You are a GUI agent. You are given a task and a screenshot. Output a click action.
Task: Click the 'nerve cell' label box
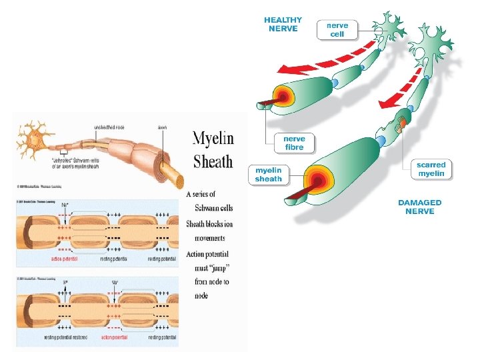337,29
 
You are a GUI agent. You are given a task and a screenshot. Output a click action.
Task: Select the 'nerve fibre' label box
294,143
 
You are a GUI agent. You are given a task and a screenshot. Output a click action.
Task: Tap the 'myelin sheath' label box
268,175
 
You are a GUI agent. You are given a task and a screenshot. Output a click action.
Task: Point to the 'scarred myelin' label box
431,169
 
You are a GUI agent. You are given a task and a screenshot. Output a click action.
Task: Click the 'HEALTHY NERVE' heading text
283,24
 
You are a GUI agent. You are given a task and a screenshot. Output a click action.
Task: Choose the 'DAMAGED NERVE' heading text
419,207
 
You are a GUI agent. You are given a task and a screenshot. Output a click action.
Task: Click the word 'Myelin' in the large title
213,139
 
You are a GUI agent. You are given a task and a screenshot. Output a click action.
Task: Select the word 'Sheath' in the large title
213,161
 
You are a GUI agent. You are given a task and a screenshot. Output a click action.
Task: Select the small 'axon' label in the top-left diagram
161,126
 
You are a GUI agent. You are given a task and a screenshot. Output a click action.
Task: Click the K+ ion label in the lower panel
65,283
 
